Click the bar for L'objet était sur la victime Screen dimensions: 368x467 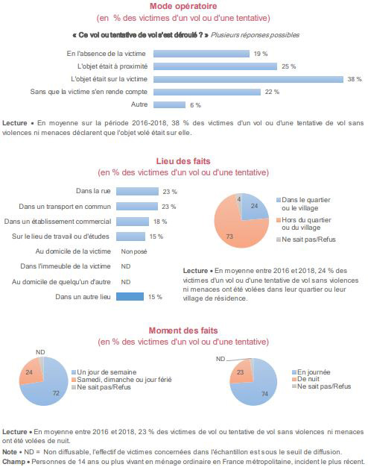pyautogui.click(x=248, y=79)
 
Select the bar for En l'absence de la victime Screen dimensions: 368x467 pyautogui.click(x=201, y=54)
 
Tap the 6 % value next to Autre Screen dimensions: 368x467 pyautogui.click(x=195, y=105)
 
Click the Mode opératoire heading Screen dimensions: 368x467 pyautogui.click(x=183, y=6)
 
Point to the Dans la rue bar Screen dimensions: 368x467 pyautogui.click(x=137, y=191)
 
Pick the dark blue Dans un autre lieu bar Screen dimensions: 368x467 pyautogui.click(x=130, y=297)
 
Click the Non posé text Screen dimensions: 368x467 pyautogui.click(x=134, y=251)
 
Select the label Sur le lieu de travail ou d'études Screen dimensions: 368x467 pyautogui.click(x=60, y=236)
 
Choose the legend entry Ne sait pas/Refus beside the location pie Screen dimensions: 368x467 pyautogui.click(x=306, y=239)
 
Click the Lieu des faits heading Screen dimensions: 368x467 pyautogui.click(x=183, y=161)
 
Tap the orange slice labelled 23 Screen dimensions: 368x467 pyautogui.click(x=241, y=372)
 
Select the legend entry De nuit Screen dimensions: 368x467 pyautogui.click(x=305, y=379)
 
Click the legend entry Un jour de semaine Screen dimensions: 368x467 pyautogui.click(x=104, y=372)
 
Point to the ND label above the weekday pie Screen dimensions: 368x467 pyautogui.click(x=40, y=352)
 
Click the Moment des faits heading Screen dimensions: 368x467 pyautogui.click(x=183, y=330)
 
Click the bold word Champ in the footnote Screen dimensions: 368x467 pyautogui.click(x=13, y=462)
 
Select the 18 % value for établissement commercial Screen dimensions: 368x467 pyautogui.click(x=160, y=222)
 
